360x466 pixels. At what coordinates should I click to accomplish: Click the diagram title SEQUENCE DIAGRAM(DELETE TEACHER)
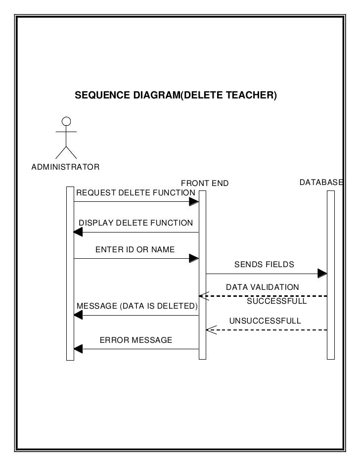coord(176,94)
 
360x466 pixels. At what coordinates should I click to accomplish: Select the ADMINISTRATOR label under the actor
coord(65,167)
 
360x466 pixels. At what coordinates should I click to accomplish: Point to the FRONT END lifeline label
coord(205,184)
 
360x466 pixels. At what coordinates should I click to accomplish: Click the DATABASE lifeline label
coord(321,183)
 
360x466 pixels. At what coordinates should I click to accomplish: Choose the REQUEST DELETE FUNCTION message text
coord(135,192)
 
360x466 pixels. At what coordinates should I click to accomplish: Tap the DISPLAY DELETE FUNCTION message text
coord(136,223)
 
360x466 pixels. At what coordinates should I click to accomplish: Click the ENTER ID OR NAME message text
coord(135,249)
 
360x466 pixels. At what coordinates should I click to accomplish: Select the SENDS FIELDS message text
coord(264,264)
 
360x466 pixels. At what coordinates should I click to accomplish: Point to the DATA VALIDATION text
coord(262,287)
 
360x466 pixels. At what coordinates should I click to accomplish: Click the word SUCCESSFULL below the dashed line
coord(277,301)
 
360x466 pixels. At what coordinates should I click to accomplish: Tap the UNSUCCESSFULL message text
coord(265,321)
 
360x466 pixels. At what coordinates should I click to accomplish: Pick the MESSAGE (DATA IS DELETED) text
coord(137,306)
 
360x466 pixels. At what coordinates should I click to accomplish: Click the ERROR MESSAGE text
coord(136,340)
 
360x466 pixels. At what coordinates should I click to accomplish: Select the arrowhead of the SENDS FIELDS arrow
coord(322,274)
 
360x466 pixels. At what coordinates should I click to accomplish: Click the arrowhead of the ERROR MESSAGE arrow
coord(78,349)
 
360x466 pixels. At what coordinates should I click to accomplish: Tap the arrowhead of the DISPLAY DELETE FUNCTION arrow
coord(78,232)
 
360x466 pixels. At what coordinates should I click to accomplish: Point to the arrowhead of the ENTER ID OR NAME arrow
coord(194,258)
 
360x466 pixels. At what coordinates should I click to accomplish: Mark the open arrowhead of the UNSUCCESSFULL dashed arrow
coord(210,330)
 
